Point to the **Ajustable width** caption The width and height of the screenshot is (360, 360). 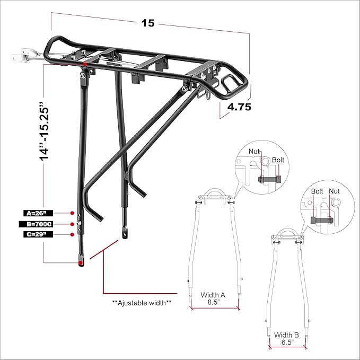(x=142, y=303)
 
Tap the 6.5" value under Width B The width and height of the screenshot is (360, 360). (x=286, y=343)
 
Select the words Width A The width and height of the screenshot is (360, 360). (x=213, y=295)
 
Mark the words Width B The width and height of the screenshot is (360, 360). (x=286, y=335)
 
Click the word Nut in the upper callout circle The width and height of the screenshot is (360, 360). (x=255, y=152)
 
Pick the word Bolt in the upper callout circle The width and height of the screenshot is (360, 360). (x=278, y=160)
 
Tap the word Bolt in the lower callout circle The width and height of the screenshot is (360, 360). (x=317, y=191)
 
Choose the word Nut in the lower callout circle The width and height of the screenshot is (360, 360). (x=335, y=191)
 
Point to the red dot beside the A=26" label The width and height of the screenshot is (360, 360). (x=72, y=213)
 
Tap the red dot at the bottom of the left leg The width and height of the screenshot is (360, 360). (x=81, y=262)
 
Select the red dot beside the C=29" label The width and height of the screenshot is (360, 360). (x=72, y=234)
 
